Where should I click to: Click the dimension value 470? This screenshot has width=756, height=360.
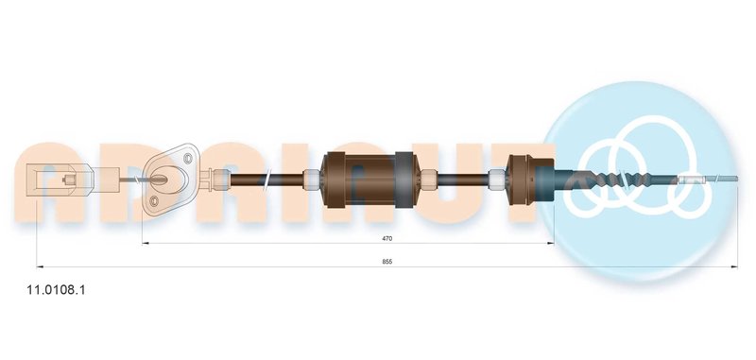[x=387, y=238]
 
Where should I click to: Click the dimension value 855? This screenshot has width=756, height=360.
[x=387, y=262]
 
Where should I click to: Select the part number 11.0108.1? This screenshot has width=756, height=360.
[x=56, y=290]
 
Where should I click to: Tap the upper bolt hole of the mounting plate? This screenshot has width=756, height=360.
[x=188, y=158]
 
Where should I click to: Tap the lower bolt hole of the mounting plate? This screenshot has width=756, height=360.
[x=154, y=201]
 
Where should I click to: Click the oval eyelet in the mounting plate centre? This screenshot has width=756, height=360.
[x=167, y=177]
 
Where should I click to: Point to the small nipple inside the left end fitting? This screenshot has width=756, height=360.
[x=69, y=180]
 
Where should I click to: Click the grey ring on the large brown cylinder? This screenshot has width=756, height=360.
[x=404, y=180]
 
